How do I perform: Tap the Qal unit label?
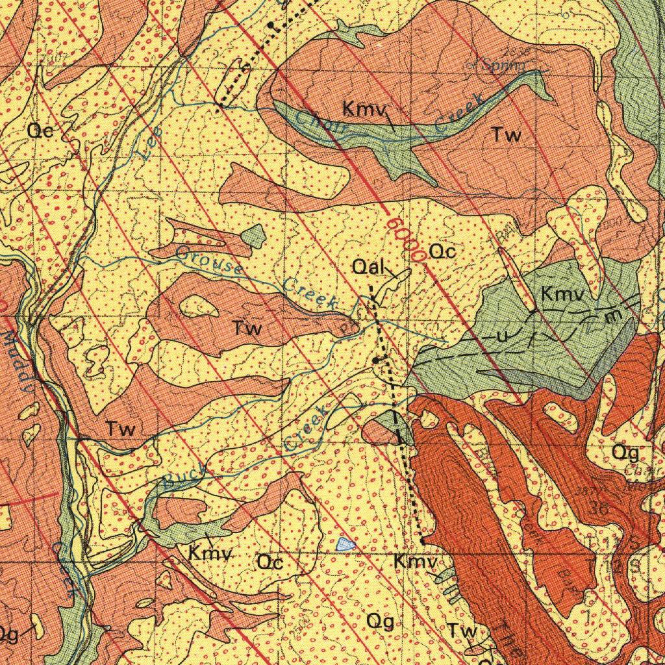tap(370, 267)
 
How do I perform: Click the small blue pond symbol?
tap(347, 544)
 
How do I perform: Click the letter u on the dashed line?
tap(501, 337)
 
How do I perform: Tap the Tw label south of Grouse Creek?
tap(247, 328)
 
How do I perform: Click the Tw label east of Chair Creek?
tap(507, 135)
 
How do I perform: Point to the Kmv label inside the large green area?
tap(563, 294)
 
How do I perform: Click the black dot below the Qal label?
tap(376, 359)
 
